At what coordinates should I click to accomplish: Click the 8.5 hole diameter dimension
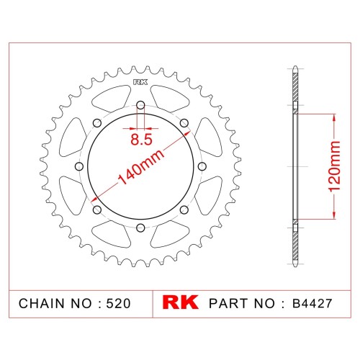pyautogui.click(x=141, y=140)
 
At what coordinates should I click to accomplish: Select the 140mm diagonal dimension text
pyautogui.click(x=141, y=167)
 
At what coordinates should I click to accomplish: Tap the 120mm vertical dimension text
pyautogui.click(x=335, y=166)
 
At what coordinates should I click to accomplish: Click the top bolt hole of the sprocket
pyautogui.click(x=140, y=105)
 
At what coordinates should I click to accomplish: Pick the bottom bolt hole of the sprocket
pyautogui.click(x=140, y=228)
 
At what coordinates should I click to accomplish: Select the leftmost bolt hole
pyautogui.click(x=79, y=166)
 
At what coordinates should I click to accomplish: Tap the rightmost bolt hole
pyautogui.click(x=202, y=166)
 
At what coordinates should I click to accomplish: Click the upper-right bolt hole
pyautogui.click(x=184, y=123)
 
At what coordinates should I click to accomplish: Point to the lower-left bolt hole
pyautogui.click(x=97, y=210)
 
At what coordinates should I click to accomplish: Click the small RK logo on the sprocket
pyautogui.click(x=140, y=82)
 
